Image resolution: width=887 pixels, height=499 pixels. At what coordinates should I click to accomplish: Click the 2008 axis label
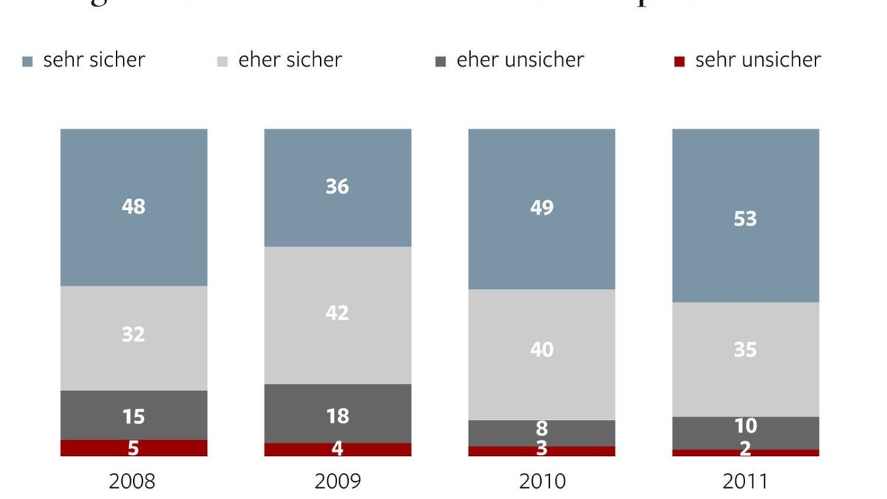point(132,482)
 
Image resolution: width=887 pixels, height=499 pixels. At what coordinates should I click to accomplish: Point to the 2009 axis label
point(337,482)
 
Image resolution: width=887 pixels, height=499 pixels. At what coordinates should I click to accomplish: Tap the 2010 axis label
point(542,482)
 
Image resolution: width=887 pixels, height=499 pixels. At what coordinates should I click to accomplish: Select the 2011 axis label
point(745,482)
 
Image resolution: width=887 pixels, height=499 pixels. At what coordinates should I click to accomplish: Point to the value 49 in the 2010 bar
point(542,208)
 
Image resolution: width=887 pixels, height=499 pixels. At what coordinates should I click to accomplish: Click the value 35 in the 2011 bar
point(745,349)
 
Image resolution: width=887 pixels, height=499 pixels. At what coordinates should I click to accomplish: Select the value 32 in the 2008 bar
point(133,334)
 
